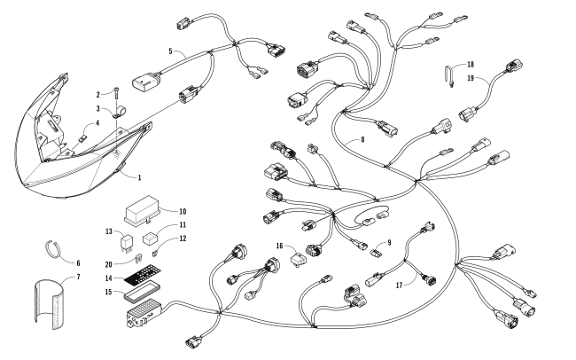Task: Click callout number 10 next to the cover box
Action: pyautogui.click(x=183, y=212)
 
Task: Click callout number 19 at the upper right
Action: pyautogui.click(x=471, y=77)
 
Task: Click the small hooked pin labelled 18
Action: pyautogui.click(x=451, y=75)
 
